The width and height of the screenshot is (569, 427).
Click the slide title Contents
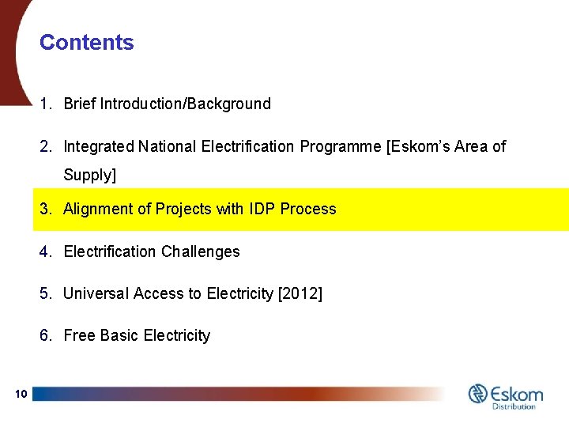87,43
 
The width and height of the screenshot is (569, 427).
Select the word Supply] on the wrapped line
89,176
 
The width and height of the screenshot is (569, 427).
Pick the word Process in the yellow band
308,210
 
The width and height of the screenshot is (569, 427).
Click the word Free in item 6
79,336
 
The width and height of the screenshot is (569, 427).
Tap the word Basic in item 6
119,336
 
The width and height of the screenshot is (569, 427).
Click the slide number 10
21,394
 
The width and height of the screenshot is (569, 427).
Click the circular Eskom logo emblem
478,393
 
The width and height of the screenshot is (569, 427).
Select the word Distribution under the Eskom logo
514,406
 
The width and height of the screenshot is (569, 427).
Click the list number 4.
45,252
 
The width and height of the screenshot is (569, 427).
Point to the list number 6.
45,336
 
